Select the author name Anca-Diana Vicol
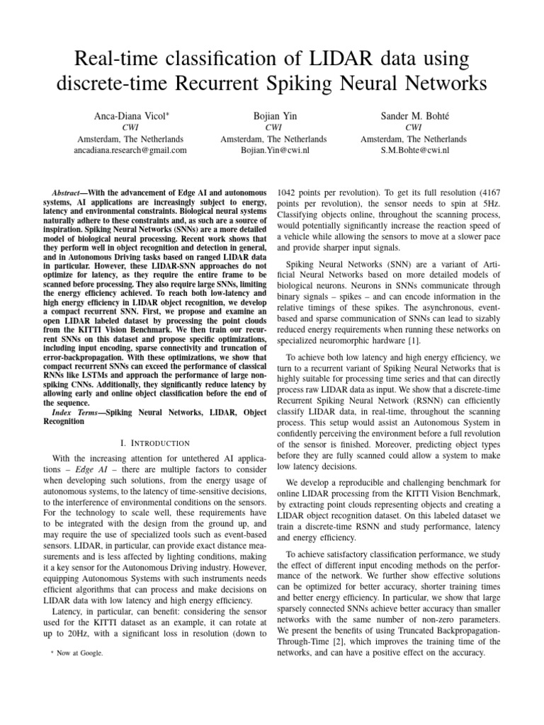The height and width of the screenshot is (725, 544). [x=130, y=115]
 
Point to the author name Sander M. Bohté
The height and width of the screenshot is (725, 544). [x=413, y=115]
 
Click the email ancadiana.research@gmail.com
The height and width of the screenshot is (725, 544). [x=130, y=150]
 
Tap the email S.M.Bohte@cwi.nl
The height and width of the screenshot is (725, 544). [x=413, y=150]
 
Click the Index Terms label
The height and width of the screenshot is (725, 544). [x=76, y=411]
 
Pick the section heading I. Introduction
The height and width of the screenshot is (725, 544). [x=155, y=442]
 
